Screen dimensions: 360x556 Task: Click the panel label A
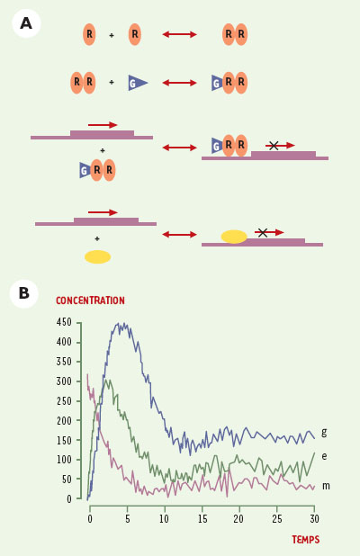pos(26,23)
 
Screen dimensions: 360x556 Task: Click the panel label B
pos(23,293)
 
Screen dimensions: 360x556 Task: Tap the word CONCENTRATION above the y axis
pos(90,300)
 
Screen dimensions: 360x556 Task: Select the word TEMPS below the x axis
pos(306,540)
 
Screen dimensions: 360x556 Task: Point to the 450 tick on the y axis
pos(64,322)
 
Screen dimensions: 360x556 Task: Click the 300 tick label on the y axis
pos(64,381)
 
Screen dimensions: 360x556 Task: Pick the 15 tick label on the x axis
pos(202,519)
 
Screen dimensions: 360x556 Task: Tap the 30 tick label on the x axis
pos(314,519)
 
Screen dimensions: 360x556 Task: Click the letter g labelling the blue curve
pos(324,432)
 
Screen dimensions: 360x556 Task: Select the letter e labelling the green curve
pos(324,456)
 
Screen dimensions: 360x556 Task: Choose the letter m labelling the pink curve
pos(326,486)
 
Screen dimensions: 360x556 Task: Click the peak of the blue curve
pos(118,323)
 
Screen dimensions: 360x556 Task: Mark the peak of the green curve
pos(105,381)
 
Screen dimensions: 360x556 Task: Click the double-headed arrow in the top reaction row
pos(179,34)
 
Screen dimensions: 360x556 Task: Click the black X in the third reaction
pos(274,146)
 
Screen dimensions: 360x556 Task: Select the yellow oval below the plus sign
pos(97,257)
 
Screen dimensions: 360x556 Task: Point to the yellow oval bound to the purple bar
pos(234,237)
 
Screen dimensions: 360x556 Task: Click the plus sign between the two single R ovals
pos(112,35)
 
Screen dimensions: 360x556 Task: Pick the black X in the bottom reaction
pos(263,233)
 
